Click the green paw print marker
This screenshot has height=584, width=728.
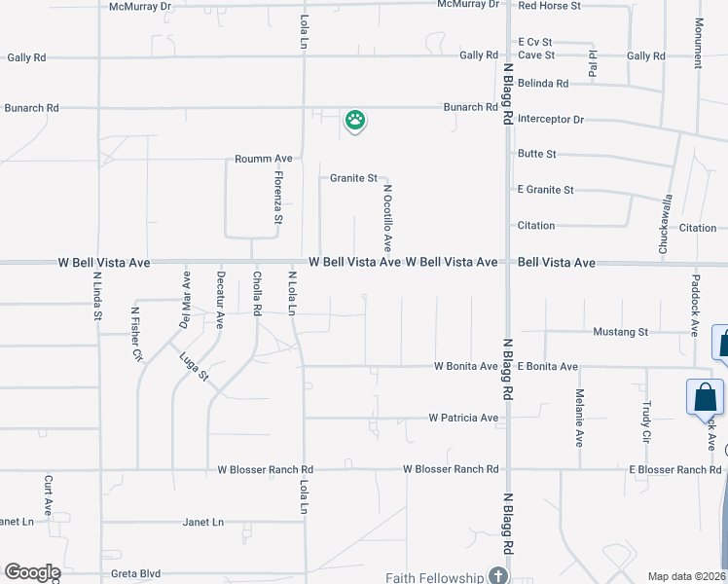pos(356,121)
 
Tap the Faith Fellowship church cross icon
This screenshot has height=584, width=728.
pos(498,576)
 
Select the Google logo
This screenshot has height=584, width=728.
pos(32,572)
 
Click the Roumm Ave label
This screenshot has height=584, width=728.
pos(263,159)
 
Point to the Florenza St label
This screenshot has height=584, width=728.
pos(278,199)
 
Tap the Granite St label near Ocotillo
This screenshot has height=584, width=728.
pos(353,178)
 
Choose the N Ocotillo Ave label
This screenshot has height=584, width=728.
pos(387,218)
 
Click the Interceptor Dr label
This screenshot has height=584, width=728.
pos(551,120)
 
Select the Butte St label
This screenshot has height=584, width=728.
pos(537,154)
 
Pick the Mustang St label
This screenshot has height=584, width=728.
pos(621,332)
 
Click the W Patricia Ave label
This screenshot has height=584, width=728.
pos(463,419)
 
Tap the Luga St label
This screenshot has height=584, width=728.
pos(195,366)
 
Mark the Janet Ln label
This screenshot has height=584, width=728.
pos(203,522)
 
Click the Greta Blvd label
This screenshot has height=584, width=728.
pos(136,574)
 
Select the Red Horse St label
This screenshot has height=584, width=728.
pos(549,6)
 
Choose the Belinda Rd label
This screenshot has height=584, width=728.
pos(543,84)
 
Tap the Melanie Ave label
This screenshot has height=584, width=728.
pos(579,418)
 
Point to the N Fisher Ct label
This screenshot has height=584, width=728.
pos(136,334)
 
